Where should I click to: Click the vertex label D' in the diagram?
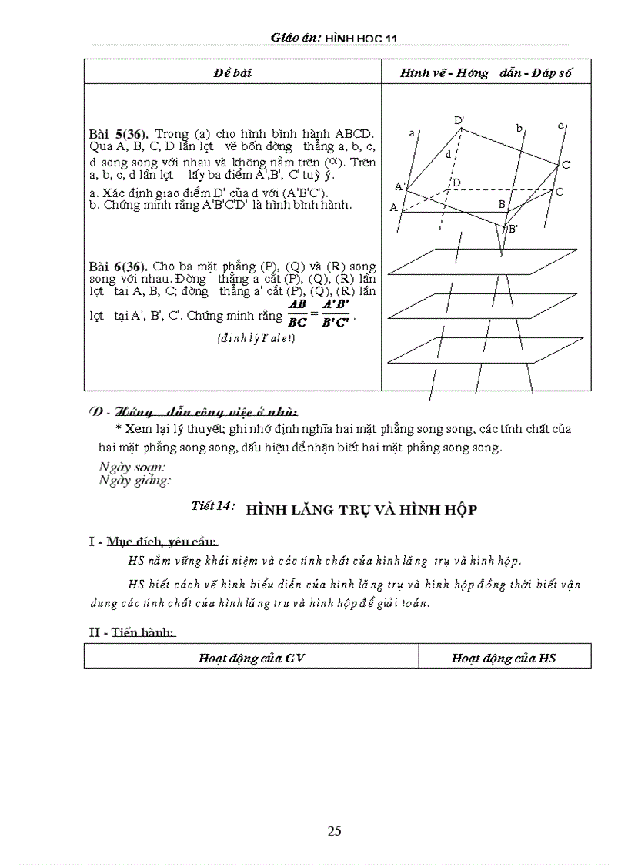tap(459, 120)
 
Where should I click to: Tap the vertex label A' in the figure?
tap(399, 186)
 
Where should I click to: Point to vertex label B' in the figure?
tap(512, 229)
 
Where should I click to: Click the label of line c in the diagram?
tap(561, 125)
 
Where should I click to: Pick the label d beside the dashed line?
tap(449, 154)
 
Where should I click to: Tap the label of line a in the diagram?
tap(413, 132)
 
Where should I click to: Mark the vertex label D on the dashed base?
tap(456, 183)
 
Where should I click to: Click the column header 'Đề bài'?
tap(232, 73)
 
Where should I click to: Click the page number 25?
tap(334, 830)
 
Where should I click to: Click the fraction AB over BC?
tap(296, 313)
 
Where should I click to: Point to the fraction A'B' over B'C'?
tap(336, 313)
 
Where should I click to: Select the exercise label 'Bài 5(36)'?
tap(119, 134)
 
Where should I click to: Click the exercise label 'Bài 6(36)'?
tap(119, 266)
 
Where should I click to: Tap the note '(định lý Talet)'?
tap(256, 337)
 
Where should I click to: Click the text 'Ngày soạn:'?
tap(132, 467)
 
